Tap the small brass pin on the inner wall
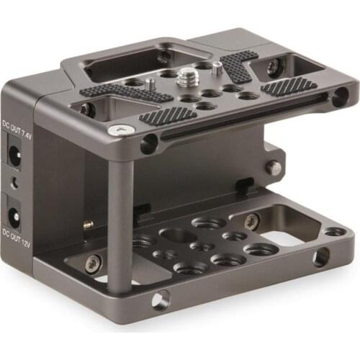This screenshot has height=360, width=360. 88,224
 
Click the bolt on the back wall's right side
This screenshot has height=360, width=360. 274,167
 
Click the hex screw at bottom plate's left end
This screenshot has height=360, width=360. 92,264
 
